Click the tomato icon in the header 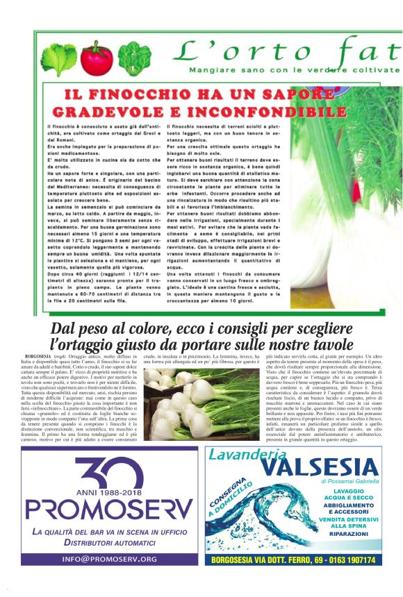(96, 58)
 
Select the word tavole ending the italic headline (331, 344)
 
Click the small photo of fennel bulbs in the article (186, 405)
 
